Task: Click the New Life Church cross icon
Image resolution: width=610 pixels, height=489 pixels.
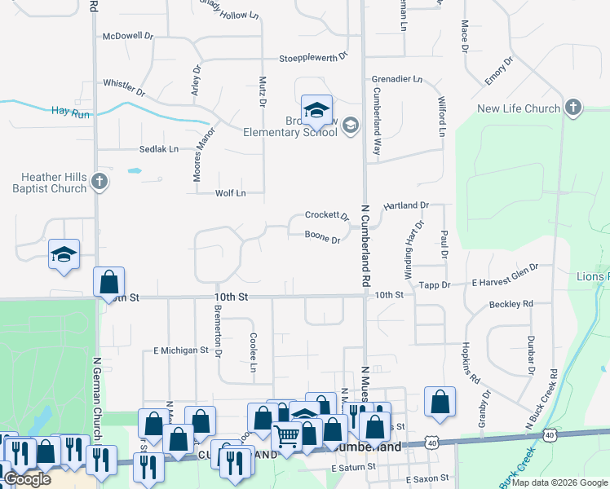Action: tap(573, 108)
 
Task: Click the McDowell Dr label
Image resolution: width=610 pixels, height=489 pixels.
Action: tap(128, 37)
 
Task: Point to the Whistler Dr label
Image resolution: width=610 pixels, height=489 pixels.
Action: tap(124, 84)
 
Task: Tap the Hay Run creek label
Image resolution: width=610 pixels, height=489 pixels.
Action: tap(69, 111)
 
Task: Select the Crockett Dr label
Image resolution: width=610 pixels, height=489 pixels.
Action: tap(326, 216)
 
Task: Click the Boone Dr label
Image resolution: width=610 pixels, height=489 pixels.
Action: tap(322, 239)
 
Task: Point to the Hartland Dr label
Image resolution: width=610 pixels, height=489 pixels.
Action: tap(406, 205)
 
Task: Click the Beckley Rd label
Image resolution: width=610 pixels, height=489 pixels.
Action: tap(511, 303)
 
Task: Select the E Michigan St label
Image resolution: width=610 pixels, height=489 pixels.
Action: tap(181, 350)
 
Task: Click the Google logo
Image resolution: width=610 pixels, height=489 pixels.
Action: tap(27, 479)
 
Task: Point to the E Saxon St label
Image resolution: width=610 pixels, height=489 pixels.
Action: tap(424, 478)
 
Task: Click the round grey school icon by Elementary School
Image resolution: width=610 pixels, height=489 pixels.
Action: tap(350, 125)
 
